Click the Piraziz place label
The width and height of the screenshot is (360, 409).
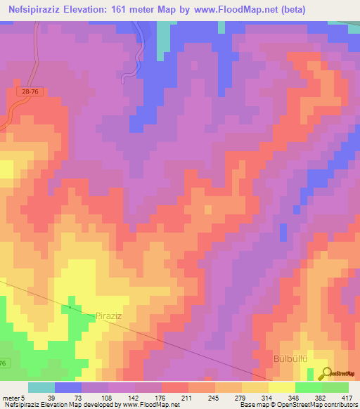click(109, 318)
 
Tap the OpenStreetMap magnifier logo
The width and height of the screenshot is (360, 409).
click(326, 373)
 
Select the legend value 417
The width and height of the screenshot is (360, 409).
click(347, 397)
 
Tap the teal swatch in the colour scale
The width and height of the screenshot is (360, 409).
click(41, 387)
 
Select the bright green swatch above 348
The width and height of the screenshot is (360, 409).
click(308, 387)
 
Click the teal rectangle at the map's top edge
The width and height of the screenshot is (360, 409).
click(164, 39)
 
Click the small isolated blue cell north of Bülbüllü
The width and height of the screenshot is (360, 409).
click(283, 233)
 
